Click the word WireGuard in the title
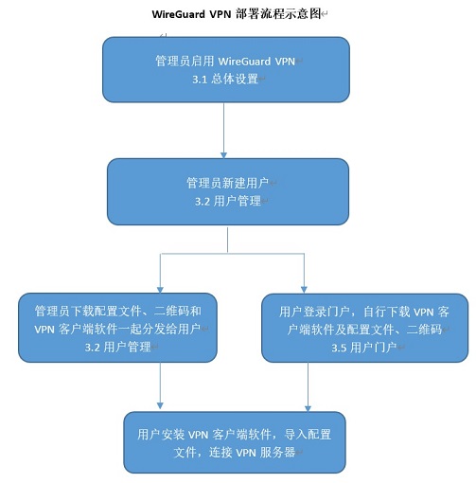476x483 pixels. click(179, 14)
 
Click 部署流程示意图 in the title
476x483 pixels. click(278, 14)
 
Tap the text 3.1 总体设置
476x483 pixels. click(225, 79)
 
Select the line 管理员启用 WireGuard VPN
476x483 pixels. click(225, 61)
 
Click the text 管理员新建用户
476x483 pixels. click(227, 183)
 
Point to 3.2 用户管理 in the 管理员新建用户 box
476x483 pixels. click(228, 201)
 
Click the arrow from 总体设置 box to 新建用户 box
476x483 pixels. click(223, 131)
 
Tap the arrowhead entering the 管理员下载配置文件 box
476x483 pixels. click(160, 290)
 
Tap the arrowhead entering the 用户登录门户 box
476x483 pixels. click(304, 290)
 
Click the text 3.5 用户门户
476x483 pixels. click(363, 348)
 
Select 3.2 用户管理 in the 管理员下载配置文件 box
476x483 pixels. click(117, 348)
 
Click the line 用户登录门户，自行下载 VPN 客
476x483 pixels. click(364, 312)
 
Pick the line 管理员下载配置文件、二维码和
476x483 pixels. click(118, 311)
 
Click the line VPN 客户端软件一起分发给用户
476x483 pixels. click(117, 329)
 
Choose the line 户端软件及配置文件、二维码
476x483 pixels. click(364, 330)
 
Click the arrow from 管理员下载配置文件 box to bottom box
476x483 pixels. click(160, 385)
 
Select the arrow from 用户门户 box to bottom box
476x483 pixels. click(308, 386)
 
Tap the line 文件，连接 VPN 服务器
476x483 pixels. click(235, 453)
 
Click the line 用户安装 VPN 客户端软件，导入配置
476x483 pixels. click(234, 435)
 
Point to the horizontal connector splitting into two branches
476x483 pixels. click(232, 253)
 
